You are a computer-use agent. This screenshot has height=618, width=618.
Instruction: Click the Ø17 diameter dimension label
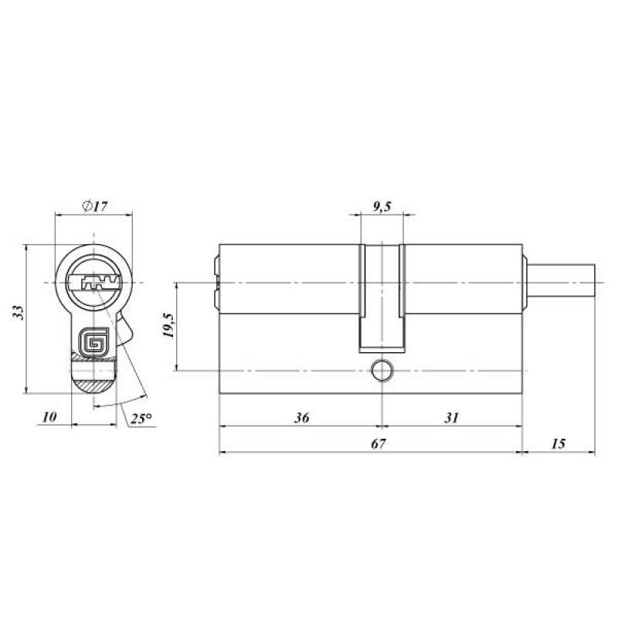pyautogui.click(x=94, y=205)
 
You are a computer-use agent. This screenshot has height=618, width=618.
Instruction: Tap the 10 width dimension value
pyautogui.click(x=49, y=416)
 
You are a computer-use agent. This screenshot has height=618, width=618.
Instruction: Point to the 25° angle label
pyautogui.click(x=141, y=418)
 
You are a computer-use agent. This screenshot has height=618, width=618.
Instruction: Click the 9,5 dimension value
pyautogui.click(x=382, y=206)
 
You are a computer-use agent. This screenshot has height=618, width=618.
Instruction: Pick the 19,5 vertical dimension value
pyautogui.click(x=168, y=325)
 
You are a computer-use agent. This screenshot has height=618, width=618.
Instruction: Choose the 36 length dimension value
pyautogui.click(x=301, y=417)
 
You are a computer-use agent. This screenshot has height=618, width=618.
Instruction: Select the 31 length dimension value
pyautogui.click(x=452, y=417)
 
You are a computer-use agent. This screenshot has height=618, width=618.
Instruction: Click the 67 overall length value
pyautogui.click(x=378, y=443)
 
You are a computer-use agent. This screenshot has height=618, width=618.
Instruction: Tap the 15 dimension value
pyautogui.click(x=558, y=443)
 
